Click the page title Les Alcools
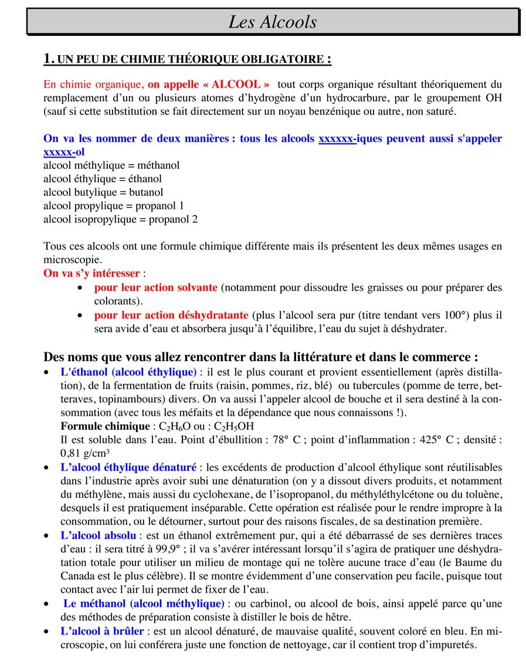[272, 22]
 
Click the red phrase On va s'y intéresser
[91, 273]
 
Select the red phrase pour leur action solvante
[155, 288]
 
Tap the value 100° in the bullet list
[457, 315]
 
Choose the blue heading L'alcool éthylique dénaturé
[128, 467]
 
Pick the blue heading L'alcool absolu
[98, 535]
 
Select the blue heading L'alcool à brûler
[101, 631]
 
